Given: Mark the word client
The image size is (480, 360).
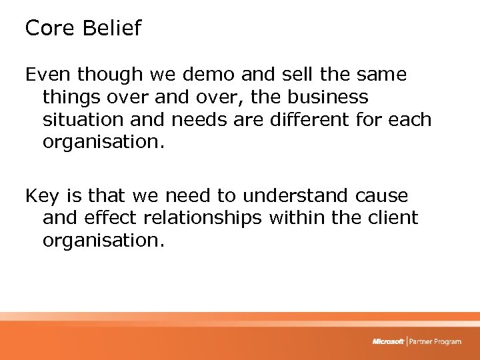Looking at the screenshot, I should tap(389, 217).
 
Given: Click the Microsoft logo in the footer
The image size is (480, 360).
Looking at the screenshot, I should tap(388, 341).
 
